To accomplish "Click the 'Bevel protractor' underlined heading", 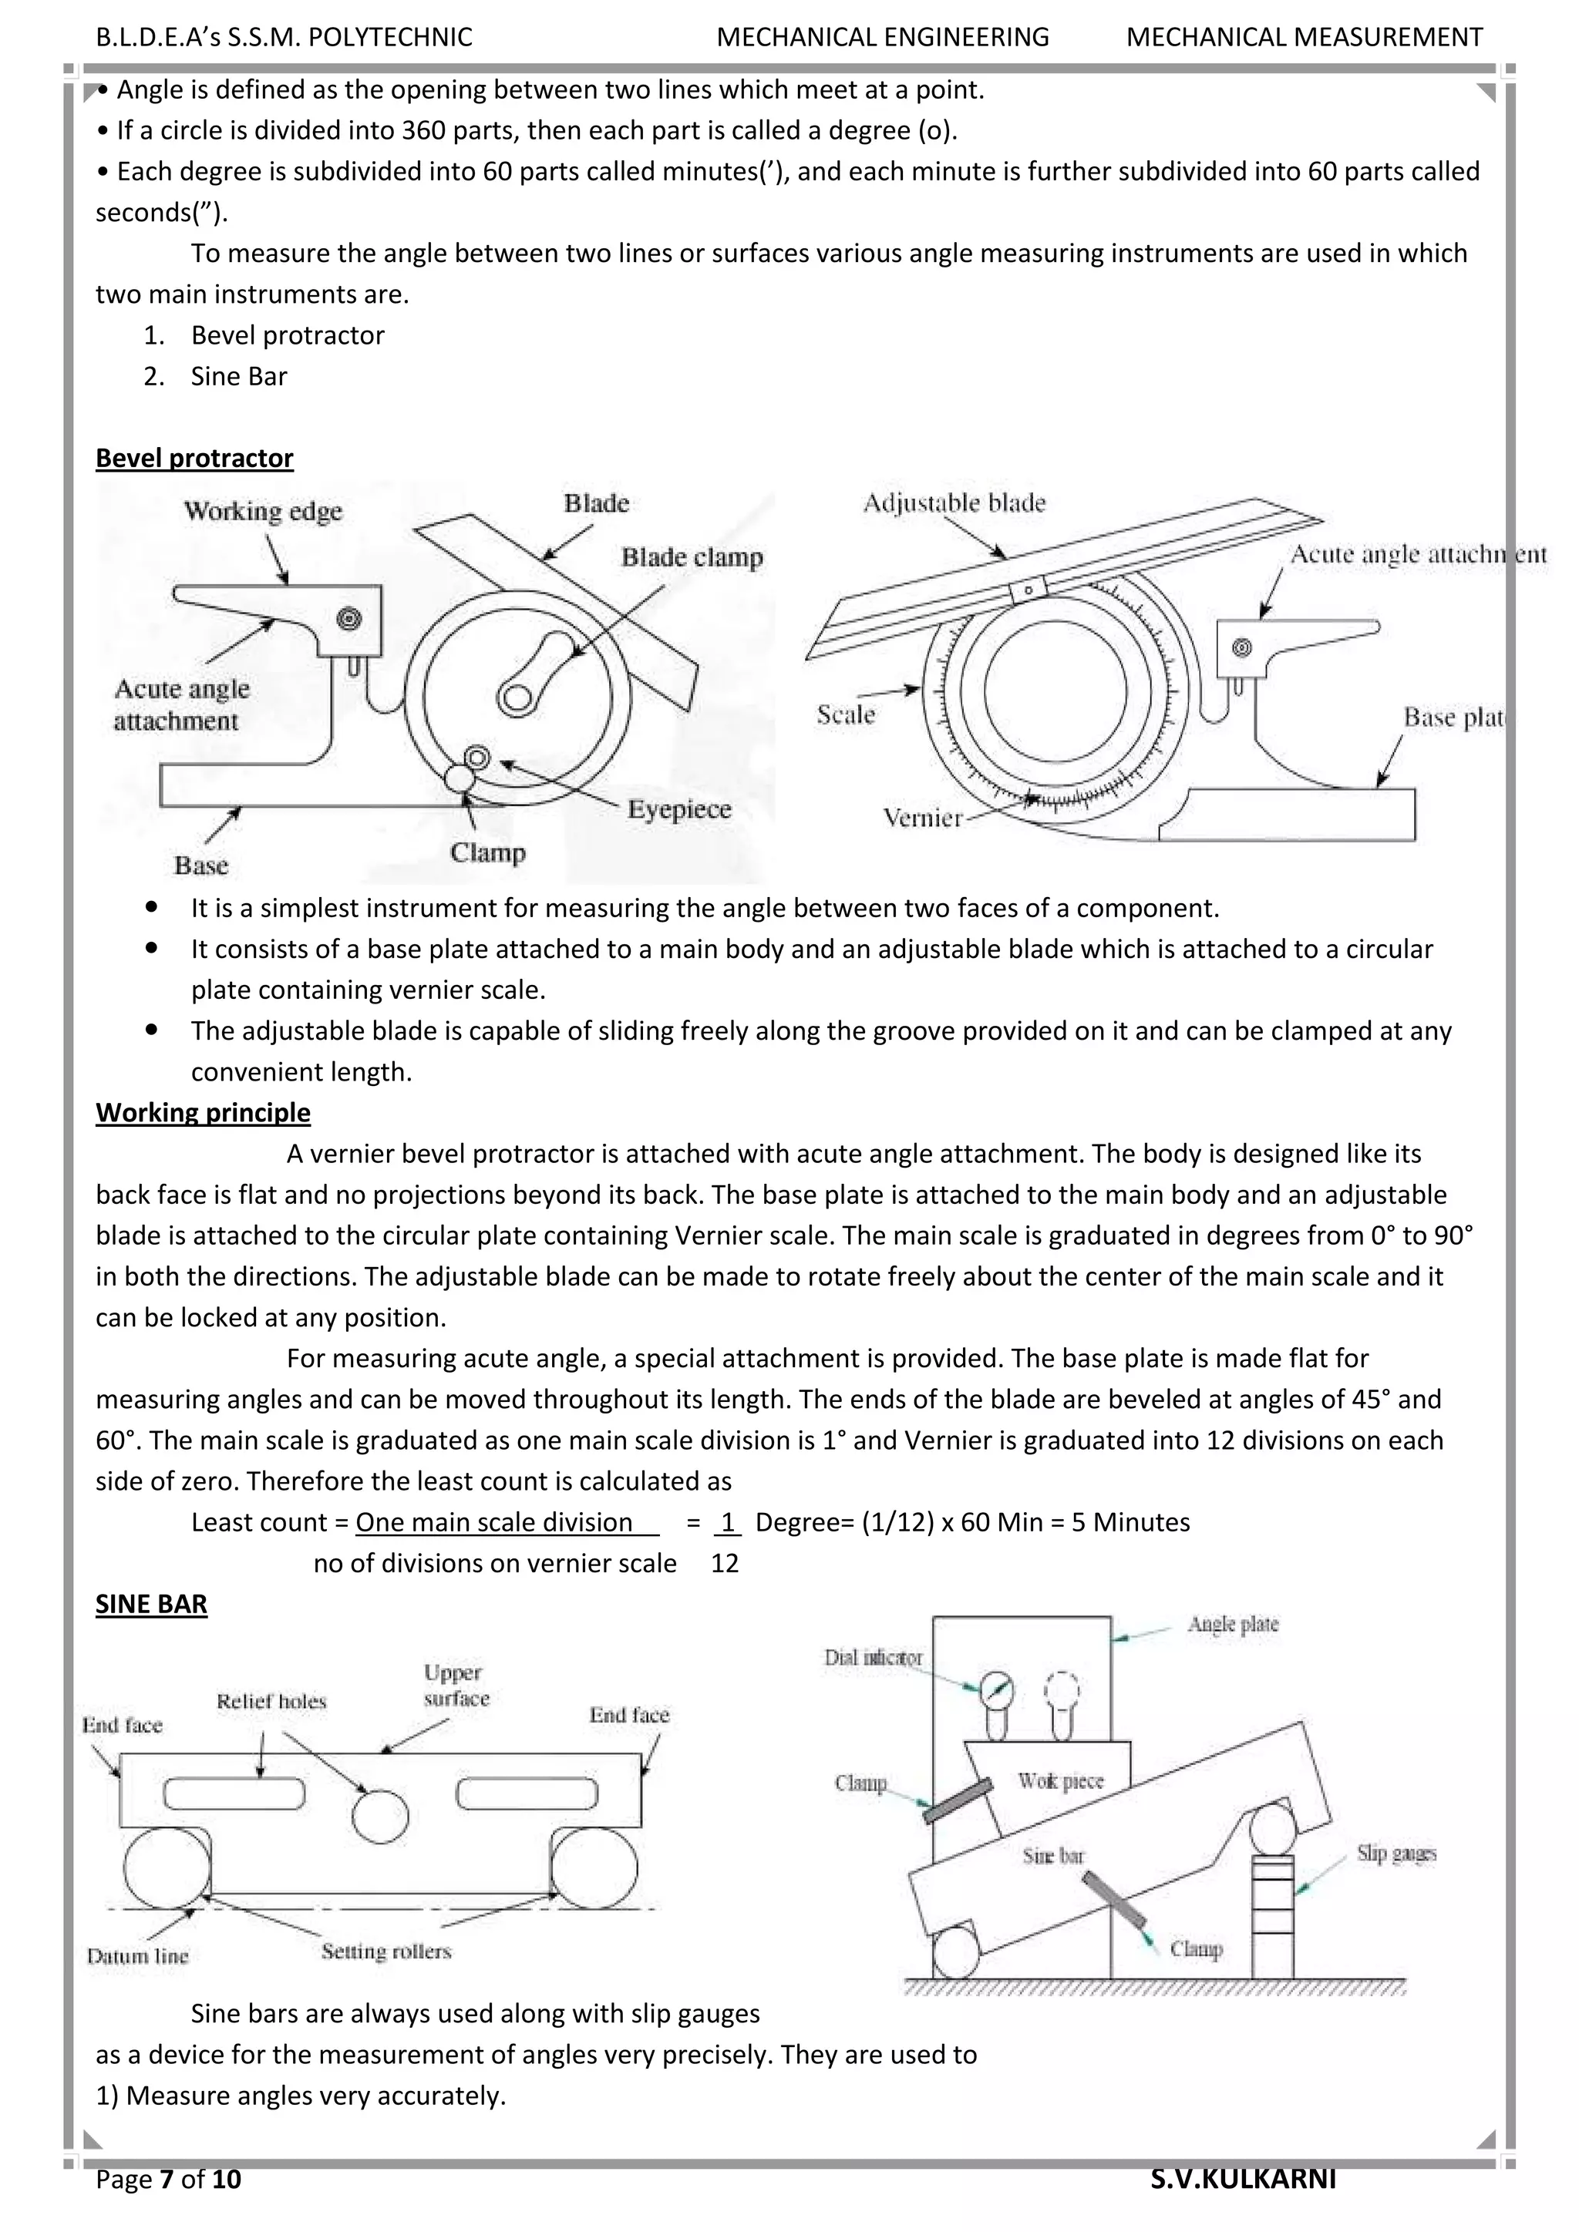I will (x=194, y=458).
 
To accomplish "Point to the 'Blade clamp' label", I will (x=692, y=557).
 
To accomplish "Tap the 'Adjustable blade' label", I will (x=954, y=503).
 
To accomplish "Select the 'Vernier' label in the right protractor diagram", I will (x=922, y=818).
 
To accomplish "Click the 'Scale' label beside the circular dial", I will (x=845, y=714).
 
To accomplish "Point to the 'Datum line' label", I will (x=137, y=1957).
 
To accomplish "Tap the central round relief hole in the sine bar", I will (x=380, y=1816).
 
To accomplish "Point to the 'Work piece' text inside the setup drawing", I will (x=1061, y=1781).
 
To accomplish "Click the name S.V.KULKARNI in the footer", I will (x=1243, y=2180).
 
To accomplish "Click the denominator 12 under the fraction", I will (x=725, y=1563).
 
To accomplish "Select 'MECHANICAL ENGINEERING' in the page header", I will (x=882, y=37).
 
